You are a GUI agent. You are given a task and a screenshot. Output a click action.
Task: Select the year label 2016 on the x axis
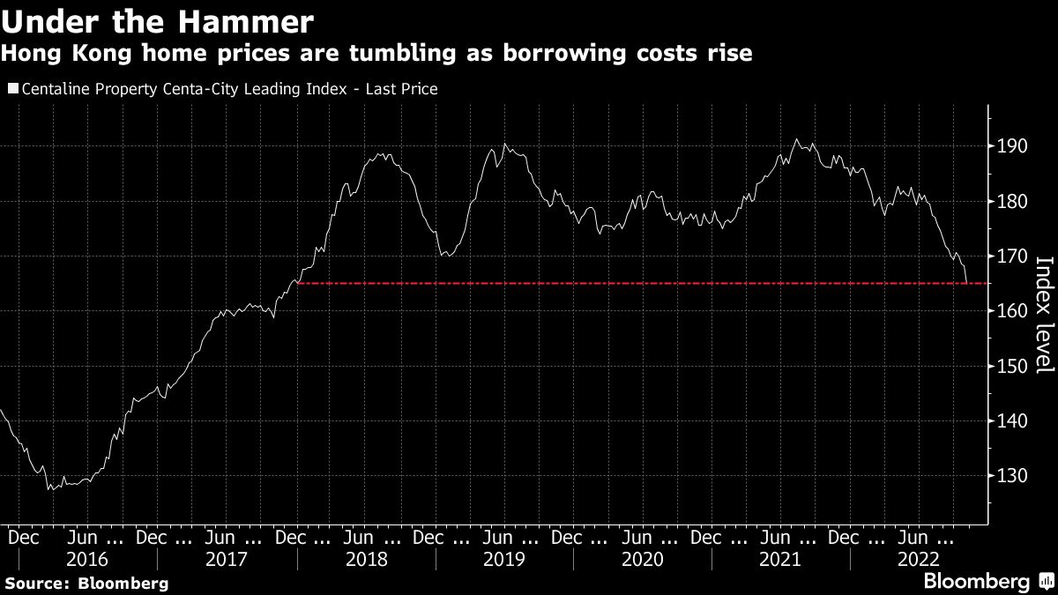(87, 559)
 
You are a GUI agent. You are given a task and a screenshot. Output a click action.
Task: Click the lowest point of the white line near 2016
(50, 488)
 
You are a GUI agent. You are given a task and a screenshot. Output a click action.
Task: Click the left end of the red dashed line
(298, 283)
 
